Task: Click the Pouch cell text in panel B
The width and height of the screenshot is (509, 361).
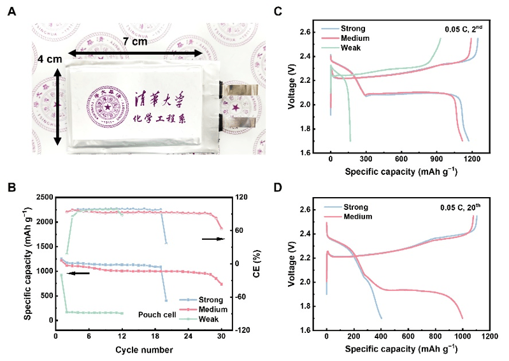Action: (157, 314)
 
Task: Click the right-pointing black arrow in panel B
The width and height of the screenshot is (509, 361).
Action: (213, 239)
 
